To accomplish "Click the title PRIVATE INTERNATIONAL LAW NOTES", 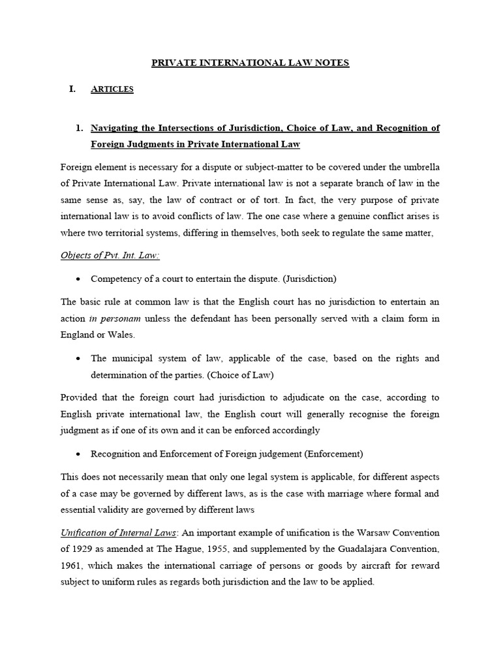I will [250, 63].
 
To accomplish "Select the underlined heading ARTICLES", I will [112, 89].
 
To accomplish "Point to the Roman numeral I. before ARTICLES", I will [72, 89].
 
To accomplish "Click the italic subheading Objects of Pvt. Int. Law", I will [110, 256].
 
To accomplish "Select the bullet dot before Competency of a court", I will [78, 279].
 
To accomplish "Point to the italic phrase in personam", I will [115, 318].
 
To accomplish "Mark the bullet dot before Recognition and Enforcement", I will [78, 454].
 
